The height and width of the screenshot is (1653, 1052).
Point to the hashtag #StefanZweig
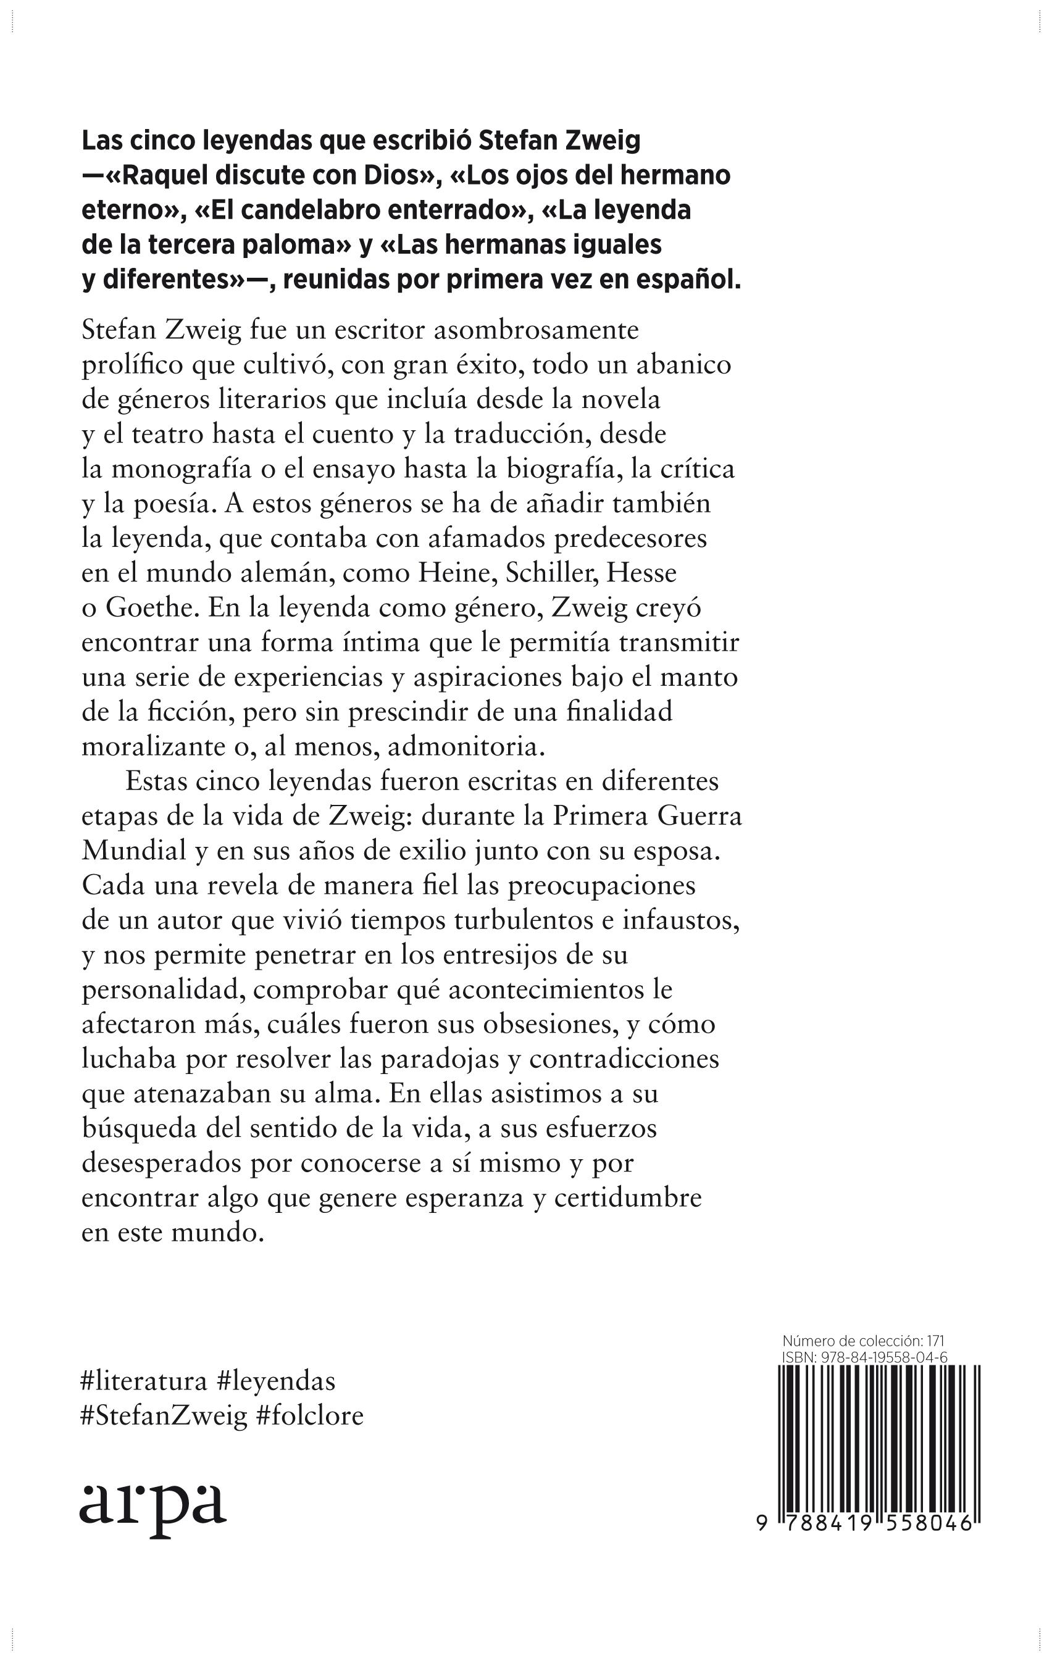pyautogui.click(x=164, y=1415)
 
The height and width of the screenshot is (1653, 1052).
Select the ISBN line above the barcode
pyautogui.click(x=864, y=1358)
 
